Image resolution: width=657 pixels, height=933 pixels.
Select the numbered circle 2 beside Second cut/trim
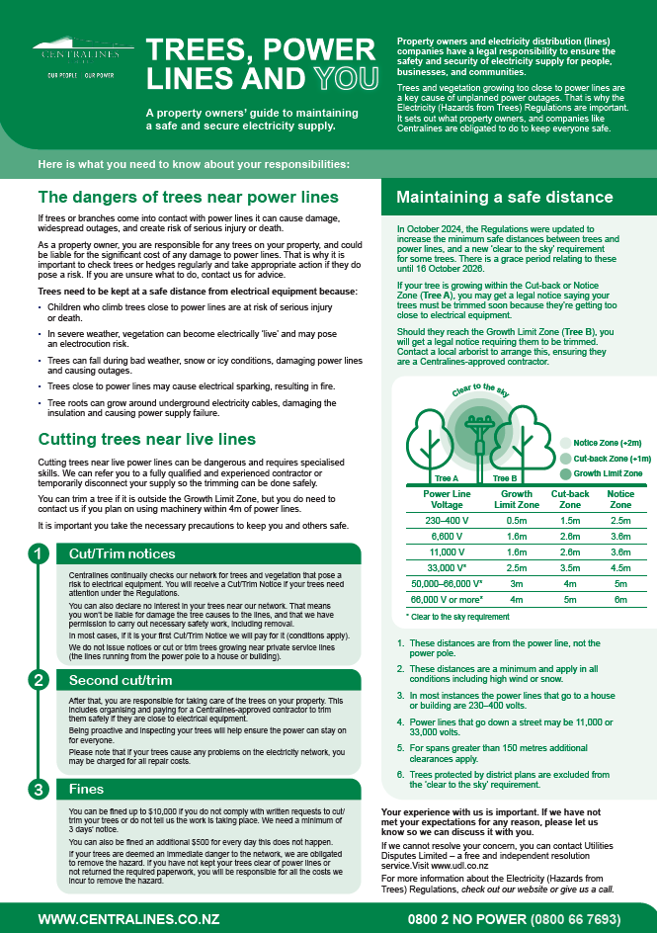37,680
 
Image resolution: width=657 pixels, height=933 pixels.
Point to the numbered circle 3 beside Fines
37,790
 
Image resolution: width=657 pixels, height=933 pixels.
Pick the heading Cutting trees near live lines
147,439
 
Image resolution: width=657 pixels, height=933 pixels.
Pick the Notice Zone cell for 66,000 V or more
620,600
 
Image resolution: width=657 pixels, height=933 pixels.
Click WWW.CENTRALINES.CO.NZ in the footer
123,919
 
